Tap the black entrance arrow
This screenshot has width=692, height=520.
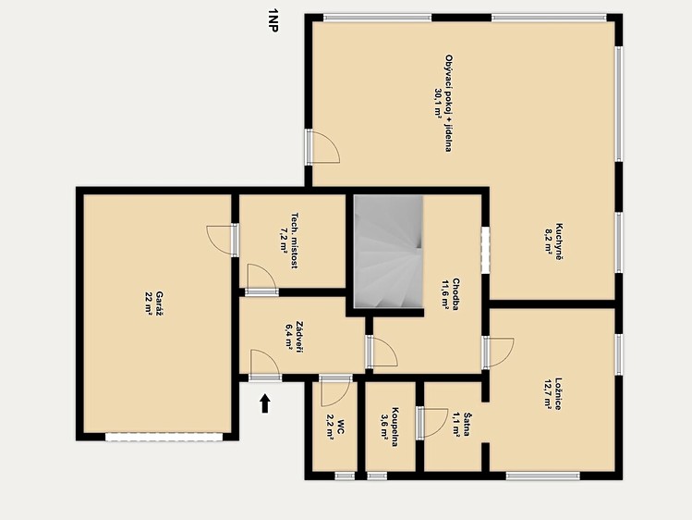265,403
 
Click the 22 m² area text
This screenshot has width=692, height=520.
148,303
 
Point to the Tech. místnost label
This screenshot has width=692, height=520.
295,241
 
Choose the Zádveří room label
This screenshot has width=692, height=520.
300,337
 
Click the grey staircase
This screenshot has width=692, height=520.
388,252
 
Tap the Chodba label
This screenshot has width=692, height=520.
455,294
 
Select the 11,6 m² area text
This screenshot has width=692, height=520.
445,294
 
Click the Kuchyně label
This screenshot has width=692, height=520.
559,241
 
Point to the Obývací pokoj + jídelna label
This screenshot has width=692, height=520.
448,104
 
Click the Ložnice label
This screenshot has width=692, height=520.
559,393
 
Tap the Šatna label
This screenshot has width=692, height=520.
467,425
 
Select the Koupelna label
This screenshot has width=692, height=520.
395,427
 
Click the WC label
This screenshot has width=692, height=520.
341,427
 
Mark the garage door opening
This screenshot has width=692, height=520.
164,437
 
